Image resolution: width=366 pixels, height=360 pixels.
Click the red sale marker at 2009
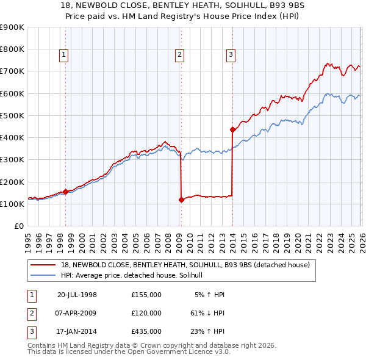(x=181, y=200)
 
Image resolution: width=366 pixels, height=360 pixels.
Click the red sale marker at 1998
(x=65, y=192)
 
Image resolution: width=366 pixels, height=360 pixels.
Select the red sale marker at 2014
(x=232, y=129)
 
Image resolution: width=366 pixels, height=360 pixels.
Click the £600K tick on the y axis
(x=12, y=93)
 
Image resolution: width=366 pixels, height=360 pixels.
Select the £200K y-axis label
(x=12, y=182)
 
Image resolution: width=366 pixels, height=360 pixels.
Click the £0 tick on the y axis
(x=18, y=226)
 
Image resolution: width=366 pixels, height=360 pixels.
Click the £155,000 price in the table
(x=146, y=295)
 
